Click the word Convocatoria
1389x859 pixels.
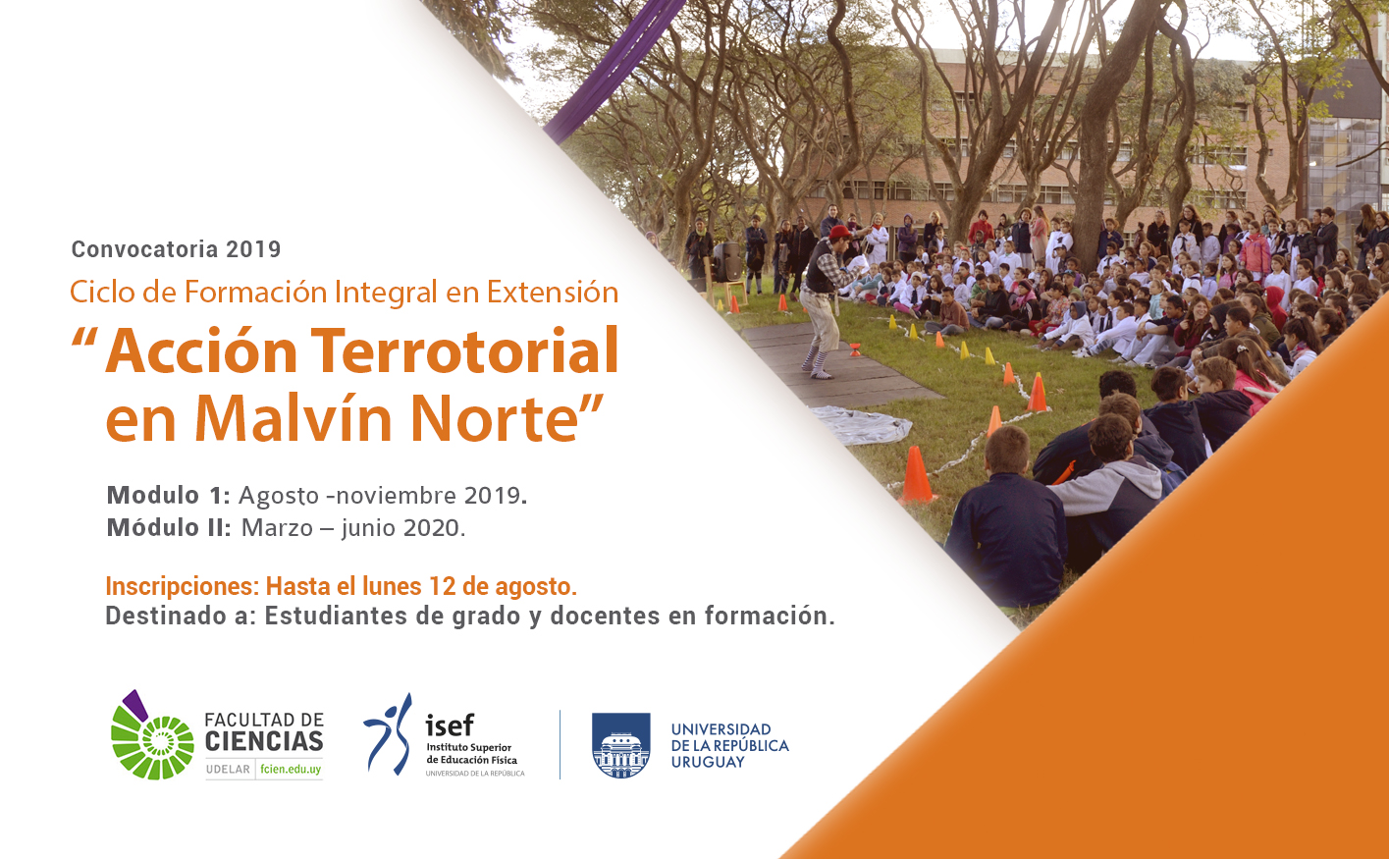(x=144, y=249)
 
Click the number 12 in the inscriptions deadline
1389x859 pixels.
(x=442, y=586)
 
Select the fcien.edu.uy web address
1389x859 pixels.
(x=291, y=769)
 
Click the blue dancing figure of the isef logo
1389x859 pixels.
(x=389, y=734)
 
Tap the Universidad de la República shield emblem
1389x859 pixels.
(x=620, y=745)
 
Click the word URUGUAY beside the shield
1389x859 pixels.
(x=708, y=762)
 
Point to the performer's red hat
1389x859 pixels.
(x=840, y=233)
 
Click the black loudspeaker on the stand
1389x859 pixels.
(x=726, y=261)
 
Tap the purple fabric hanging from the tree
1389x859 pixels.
(x=612, y=67)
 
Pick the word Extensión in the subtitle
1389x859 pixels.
(x=553, y=292)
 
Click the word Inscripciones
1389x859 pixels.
(x=183, y=587)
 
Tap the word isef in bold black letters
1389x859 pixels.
(x=450, y=725)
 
